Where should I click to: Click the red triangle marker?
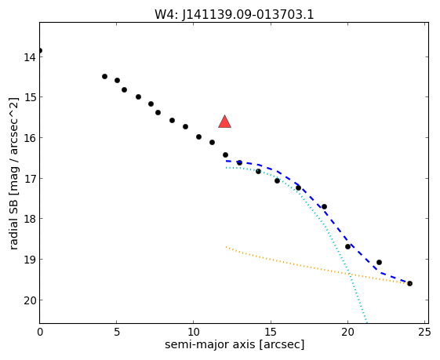225,122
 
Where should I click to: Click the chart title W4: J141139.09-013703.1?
234,14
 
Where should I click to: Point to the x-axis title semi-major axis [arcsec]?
235,344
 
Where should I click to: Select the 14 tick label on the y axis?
30,57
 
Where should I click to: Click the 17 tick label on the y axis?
30,179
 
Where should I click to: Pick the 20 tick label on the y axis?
30,300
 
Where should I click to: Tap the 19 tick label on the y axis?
30,260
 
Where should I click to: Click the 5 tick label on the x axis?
117,333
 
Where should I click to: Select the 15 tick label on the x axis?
271,333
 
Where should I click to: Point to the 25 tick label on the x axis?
424,333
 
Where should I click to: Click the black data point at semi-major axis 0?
40,50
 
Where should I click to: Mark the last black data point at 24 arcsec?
409,284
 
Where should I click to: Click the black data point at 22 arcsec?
379,263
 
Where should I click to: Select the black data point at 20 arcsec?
348,246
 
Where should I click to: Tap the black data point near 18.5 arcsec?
324,206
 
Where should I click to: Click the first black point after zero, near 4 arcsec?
104,76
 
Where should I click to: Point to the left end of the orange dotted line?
226,247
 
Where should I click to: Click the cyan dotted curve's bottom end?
366,322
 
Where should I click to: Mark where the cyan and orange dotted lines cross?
350,273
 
